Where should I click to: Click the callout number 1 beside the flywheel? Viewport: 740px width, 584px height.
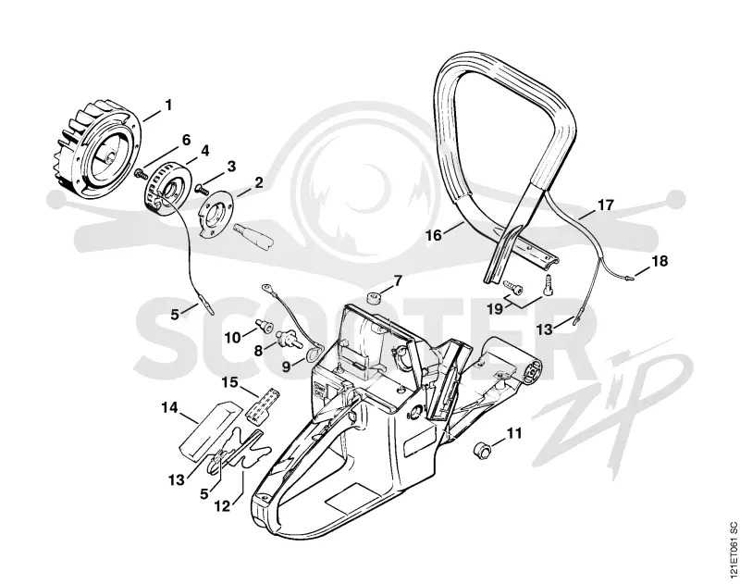[x=167, y=105]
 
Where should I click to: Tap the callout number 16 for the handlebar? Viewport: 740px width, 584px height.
[x=434, y=234]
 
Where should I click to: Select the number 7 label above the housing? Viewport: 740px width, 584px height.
[x=398, y=281]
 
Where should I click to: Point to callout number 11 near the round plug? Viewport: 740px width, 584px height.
[x=514, y=432]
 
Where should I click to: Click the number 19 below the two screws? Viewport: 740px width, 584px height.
[x=495, y=309]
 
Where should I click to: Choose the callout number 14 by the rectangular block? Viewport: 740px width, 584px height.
[x=170, y=406]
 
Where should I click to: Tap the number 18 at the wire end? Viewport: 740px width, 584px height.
[x=660, y=261]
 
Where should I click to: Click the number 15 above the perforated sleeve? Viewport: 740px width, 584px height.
[x=229, y=382]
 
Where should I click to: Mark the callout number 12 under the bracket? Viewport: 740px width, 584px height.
[x=222, y=506]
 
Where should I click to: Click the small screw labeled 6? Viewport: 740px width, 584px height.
[x=141, y=173]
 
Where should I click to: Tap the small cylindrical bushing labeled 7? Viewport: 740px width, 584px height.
[x=374, y=298]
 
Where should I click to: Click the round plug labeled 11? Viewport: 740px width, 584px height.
[x=481, y=449]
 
